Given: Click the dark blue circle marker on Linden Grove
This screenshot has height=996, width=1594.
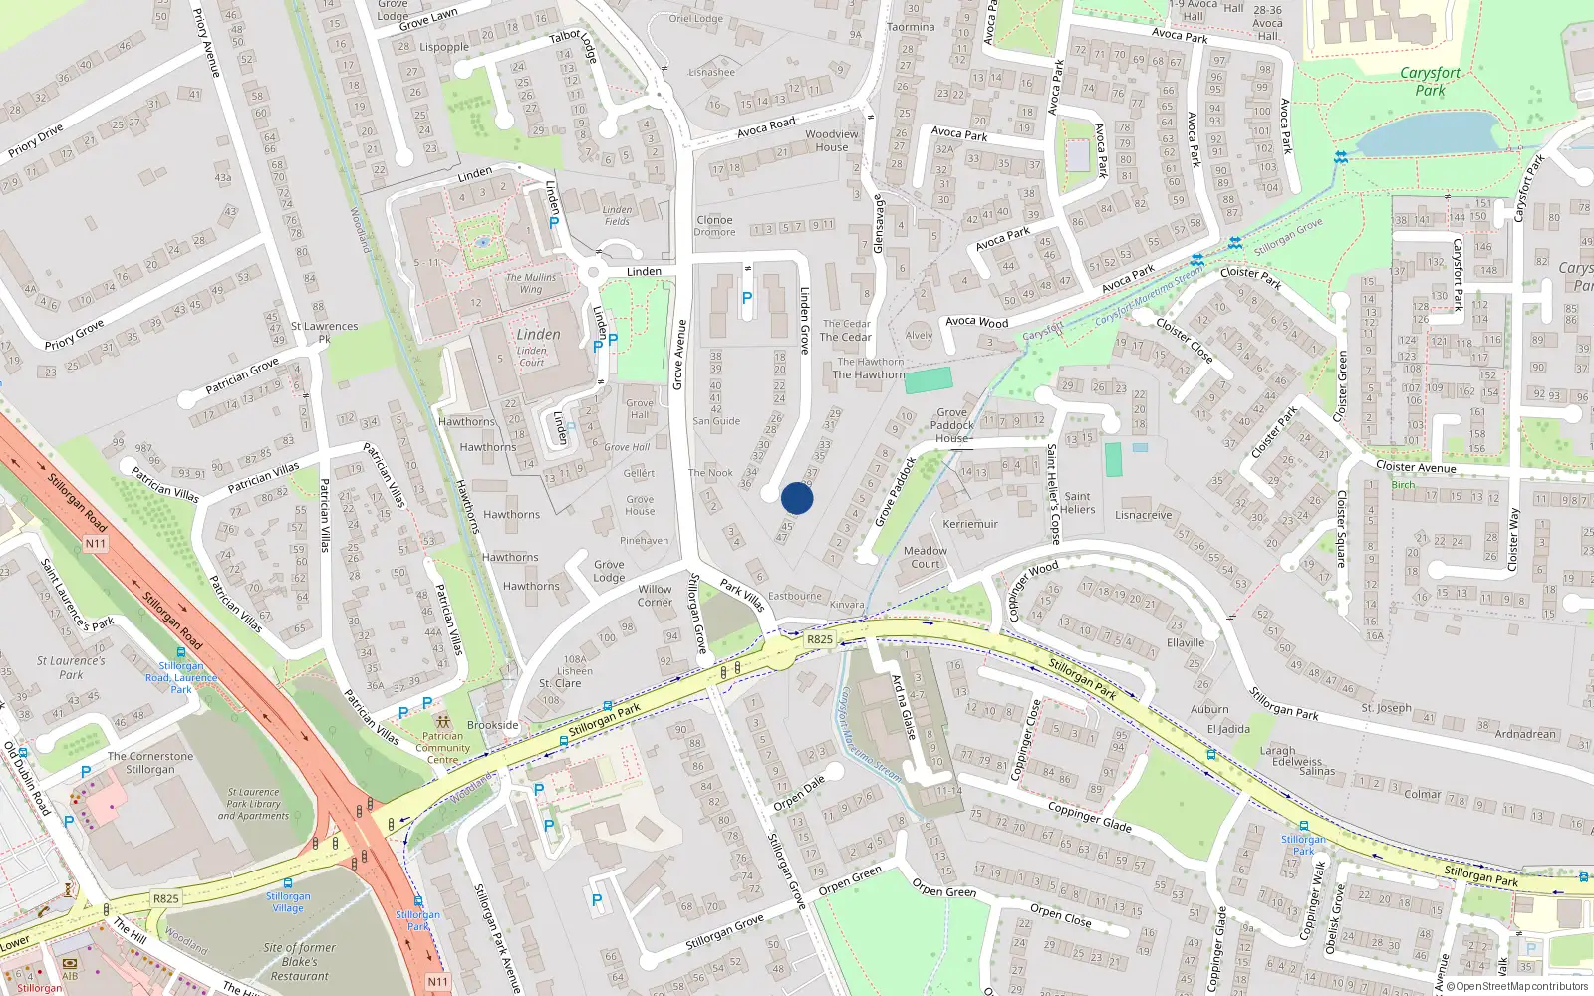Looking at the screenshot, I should (x=797, y=498).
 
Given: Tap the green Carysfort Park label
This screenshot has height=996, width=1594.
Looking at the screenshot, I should (x=1430, y=81).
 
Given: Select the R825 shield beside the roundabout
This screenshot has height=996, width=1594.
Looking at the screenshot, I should (x=819, y=639).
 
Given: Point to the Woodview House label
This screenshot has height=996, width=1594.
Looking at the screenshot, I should (x=832, y=140).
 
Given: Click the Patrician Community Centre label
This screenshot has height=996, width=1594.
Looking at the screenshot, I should (x=443, y=748).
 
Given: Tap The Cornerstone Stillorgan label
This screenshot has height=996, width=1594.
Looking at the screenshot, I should (x=150, y=763).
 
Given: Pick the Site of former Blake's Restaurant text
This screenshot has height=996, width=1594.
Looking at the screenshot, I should (x=299, y=962).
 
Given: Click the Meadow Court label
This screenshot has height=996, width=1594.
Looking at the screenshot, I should (x=926, y=557).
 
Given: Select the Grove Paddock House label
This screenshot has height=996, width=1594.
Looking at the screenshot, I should (x=952, y=425).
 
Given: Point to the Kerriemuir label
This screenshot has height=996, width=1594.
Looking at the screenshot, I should (x=970, y=524).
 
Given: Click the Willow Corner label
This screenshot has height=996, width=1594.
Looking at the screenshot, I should (x=655, y=596).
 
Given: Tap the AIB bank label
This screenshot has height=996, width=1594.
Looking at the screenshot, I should (x=70, y=976).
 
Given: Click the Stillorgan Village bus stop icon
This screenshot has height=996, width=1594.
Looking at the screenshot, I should (x=288, y=883).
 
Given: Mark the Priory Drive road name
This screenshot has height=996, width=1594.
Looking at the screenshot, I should (x=36, y=140).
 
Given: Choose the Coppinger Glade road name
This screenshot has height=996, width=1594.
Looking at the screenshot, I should (x=1090, y=817).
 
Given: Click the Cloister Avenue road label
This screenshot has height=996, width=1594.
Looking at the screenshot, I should (x=1415, y=466).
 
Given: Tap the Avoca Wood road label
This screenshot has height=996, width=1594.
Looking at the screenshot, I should (x=976, y=322).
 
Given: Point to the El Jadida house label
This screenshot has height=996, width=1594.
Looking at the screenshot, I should (x=1228, y=729).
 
